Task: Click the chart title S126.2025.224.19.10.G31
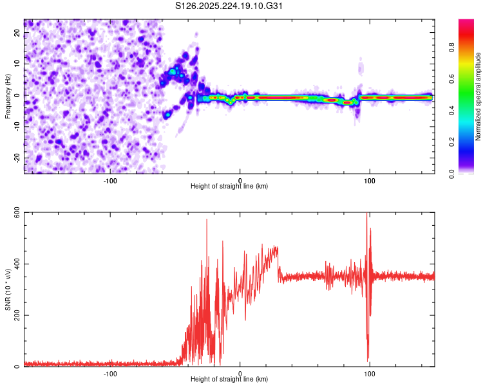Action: pyautogui.click(x=229, y=6)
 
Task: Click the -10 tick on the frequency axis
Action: pyautogui.click(x=17, y=127)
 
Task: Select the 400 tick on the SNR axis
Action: pyautogui.click(x=15, y=264)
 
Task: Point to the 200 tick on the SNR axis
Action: pyautogui.click(x=15, y=316)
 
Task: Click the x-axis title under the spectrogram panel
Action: pyautogui.click(x=229, y=186)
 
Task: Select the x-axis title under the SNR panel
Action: pyautogui.click(x=229, y=379)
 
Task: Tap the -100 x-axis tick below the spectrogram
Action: pyautogui.click(x=110, y=181)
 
